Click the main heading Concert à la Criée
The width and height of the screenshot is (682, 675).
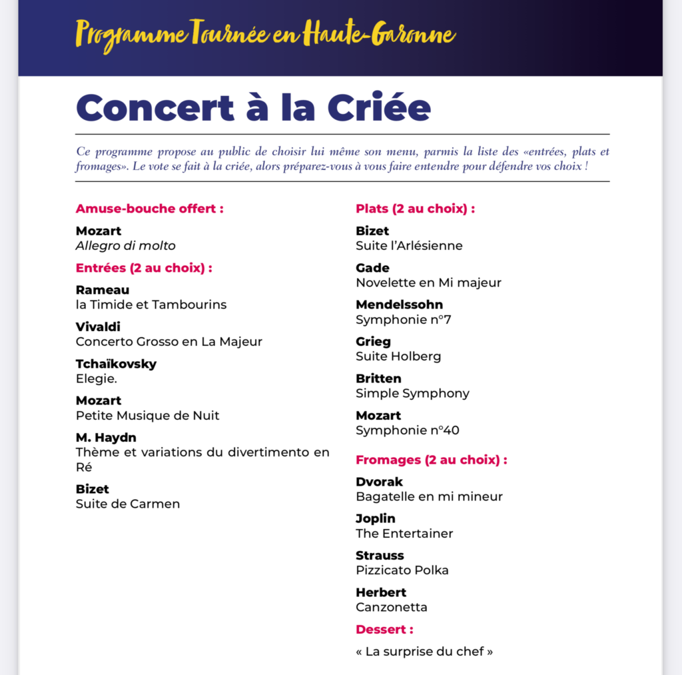pos(253,107)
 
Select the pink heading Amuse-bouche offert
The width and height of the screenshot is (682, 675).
pos(149,209)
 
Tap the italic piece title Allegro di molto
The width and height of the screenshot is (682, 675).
pos(125,246)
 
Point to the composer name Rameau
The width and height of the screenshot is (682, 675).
pos(103,290)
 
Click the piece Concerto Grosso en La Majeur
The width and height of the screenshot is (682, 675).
pos(169,342)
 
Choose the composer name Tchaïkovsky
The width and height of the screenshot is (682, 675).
pos(116,364)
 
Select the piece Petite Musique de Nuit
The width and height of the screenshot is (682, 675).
pos(147,416)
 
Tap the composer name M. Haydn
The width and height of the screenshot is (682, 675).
pos(106,438)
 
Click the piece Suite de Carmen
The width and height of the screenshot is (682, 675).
pos(127,504)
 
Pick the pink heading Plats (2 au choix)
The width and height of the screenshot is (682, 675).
pos(415,209)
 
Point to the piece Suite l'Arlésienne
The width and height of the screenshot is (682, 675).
pos(409,246)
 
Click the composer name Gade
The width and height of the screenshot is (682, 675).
pos(372,268)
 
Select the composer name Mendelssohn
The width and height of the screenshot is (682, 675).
pos(399,305)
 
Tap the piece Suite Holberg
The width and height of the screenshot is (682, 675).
pos(398,356)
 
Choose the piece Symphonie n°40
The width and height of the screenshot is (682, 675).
pos(407,430)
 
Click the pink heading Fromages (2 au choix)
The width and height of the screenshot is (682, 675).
pos(431,460)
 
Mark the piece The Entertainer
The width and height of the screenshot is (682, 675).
pos(404,534)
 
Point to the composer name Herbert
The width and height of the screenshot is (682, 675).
pos(381,592)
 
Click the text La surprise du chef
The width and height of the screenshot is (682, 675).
pos(424,652)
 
